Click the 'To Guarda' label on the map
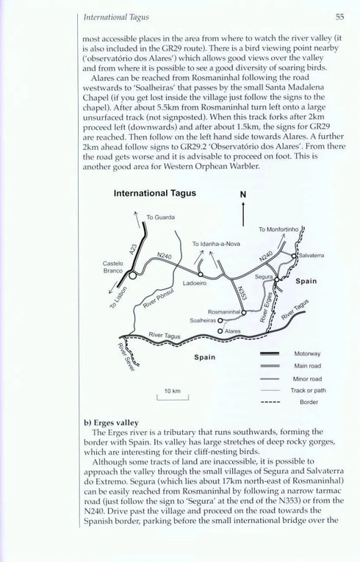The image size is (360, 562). click(x=159, y=217)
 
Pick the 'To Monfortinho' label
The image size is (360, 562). click(x=278, y=230)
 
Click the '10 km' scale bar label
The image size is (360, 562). click(x=173, y=391)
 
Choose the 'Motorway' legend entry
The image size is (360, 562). click(x=307, y=353)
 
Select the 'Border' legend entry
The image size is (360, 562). click(x=307, y=403)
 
